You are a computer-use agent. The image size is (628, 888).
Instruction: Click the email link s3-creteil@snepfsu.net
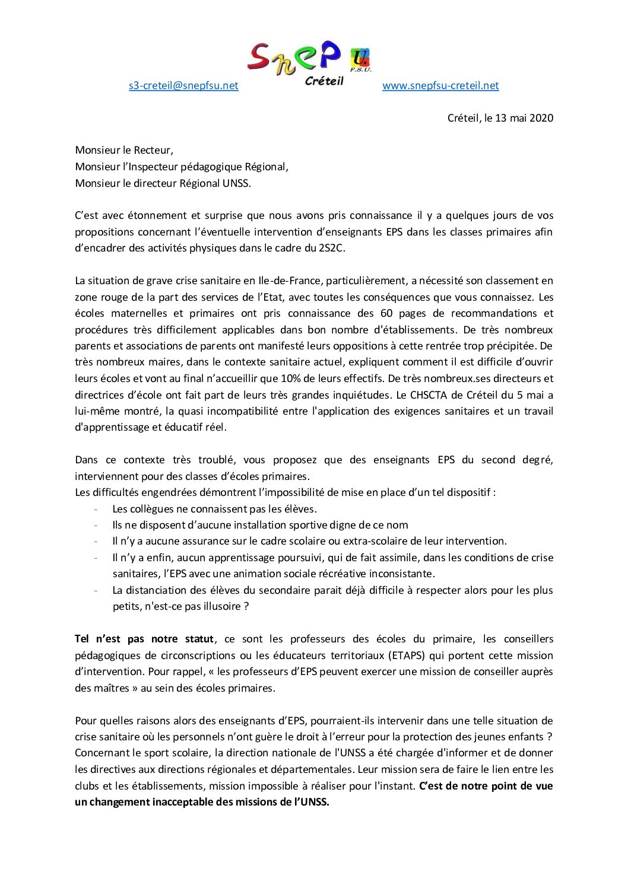(183, 85)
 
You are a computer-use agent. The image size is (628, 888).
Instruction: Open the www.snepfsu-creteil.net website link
(440, 85)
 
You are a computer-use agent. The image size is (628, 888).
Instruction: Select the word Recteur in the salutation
(153, 151)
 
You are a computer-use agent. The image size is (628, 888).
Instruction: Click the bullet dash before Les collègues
(96, 509)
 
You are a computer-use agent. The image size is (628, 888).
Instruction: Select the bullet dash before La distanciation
(96, 590)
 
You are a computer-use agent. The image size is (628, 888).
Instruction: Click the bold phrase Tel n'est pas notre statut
(144, 639)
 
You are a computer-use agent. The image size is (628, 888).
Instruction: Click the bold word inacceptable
(193, 802)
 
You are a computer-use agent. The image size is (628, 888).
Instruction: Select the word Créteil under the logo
(324, 81)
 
